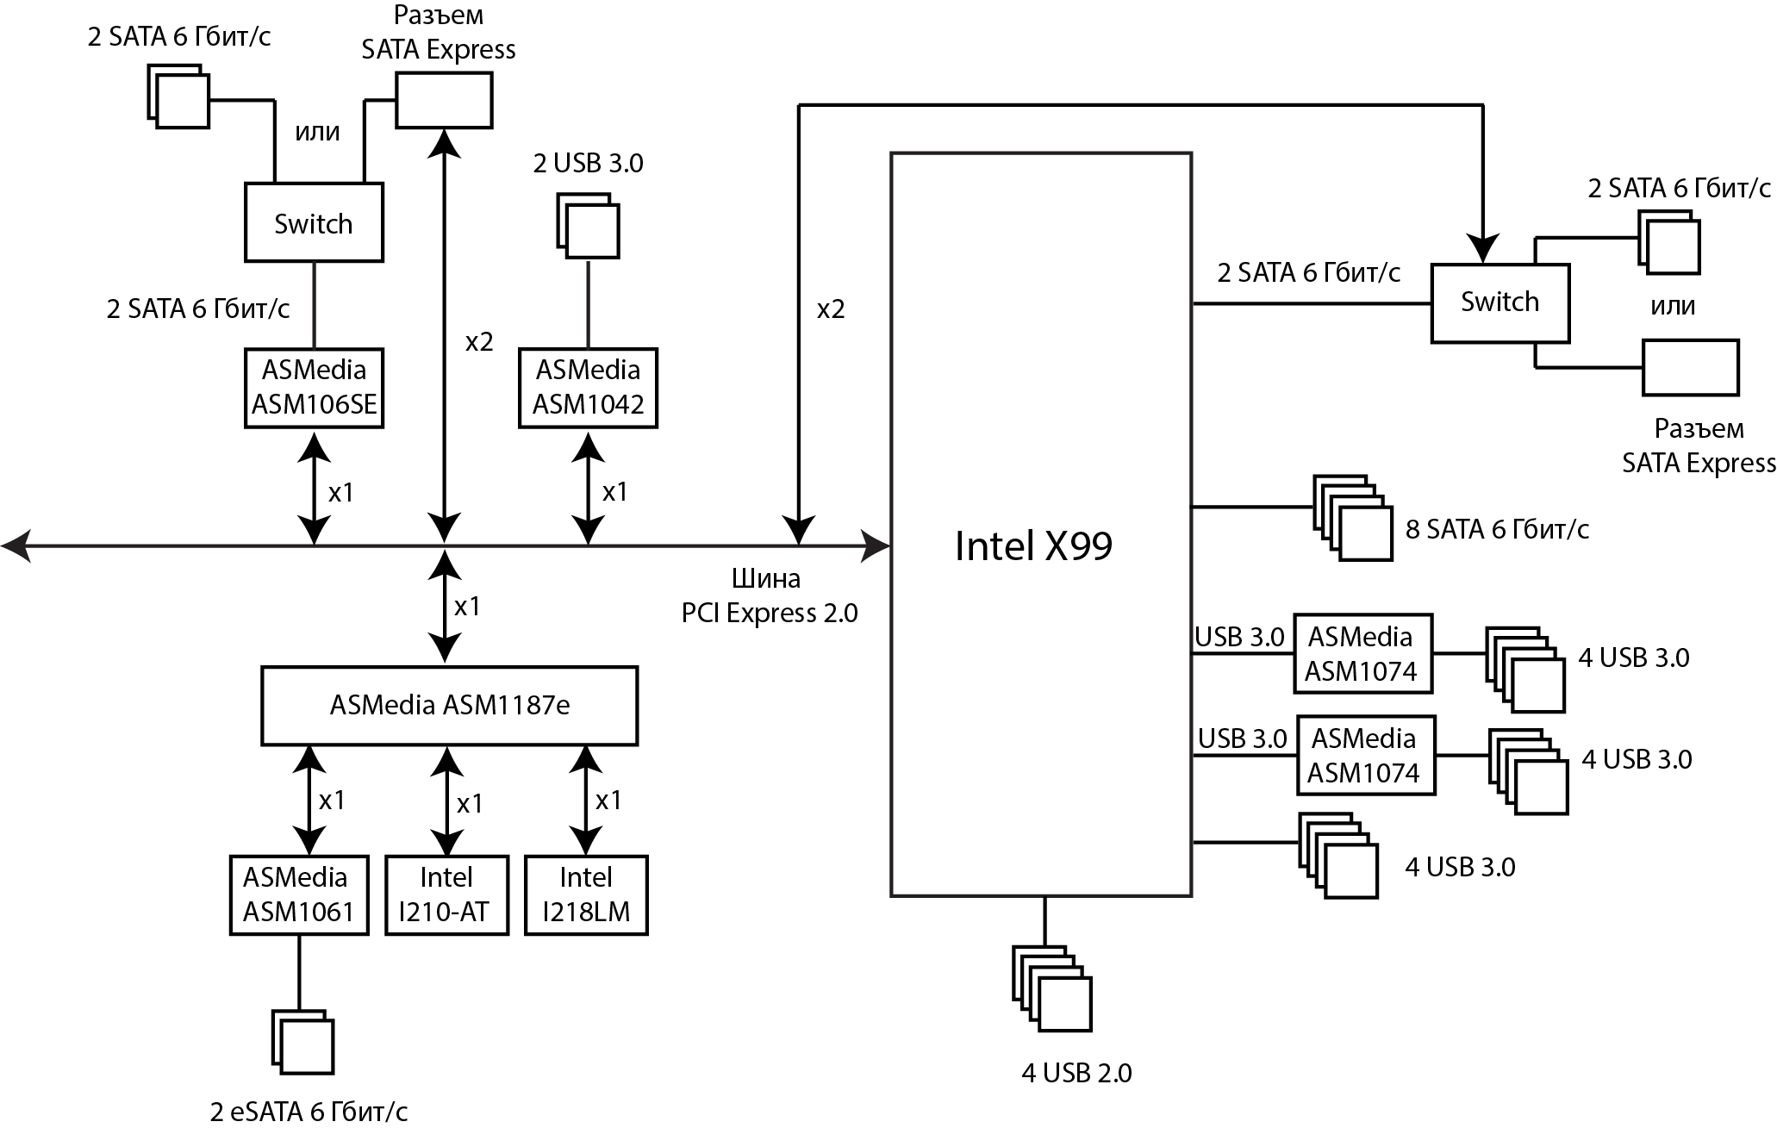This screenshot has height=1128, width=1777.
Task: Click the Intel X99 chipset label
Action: click(1033, 545)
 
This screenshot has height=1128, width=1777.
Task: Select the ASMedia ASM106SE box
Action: click(314, 388)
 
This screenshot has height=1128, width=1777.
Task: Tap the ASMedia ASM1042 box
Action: click(588, 388)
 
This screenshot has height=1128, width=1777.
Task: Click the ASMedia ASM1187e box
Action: click(449, 706)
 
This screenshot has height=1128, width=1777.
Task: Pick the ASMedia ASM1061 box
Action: click(298, 895)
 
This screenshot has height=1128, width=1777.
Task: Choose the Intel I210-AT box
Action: click(446, 895)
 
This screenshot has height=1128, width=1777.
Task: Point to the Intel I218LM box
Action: click(586, 895)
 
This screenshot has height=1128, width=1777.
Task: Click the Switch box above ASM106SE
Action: click(314, 223)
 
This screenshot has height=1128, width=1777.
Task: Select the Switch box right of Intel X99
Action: click(1500, 302)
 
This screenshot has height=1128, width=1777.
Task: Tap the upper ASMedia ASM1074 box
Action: click(1362, 654)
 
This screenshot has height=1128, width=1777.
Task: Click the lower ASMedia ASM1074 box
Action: click(1364, 756)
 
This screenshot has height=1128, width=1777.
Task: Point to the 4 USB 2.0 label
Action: click(1076, 1073)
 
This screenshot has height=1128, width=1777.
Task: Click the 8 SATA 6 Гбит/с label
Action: click(1497, 529)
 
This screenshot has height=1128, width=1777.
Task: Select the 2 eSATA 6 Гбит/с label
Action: click(309, 1112)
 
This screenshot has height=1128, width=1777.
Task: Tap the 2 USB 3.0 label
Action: click(588, 164)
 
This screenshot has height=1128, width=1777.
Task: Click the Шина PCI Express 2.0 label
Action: click(769, 595)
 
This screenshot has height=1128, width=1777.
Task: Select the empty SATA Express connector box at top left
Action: click(444, 100)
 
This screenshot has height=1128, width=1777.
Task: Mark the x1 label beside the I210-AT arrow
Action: click(470, 804)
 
